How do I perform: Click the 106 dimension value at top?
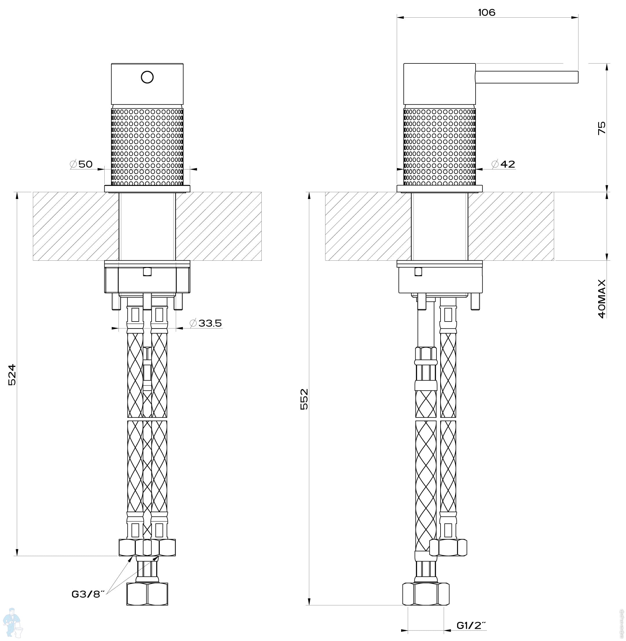click(x=486, y=12)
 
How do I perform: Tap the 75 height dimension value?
click(x=601, y=128)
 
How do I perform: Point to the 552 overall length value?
click(x=305, y=399)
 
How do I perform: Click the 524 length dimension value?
click(x=12, y=375)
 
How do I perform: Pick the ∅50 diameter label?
click(x=81, y=164)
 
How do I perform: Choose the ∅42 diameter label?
click(x=503, y=164)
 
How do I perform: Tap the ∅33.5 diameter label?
click(x=206, y=323)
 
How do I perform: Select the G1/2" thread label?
click(x=471, y=625)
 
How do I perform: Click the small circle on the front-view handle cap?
click(x=147, y=77)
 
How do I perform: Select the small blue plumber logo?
click(x=12, y=622)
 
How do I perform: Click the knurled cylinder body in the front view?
click(x=147, y=146)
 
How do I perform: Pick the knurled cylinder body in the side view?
click(x=439, y=146)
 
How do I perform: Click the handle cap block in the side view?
click(x=439, y=84)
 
